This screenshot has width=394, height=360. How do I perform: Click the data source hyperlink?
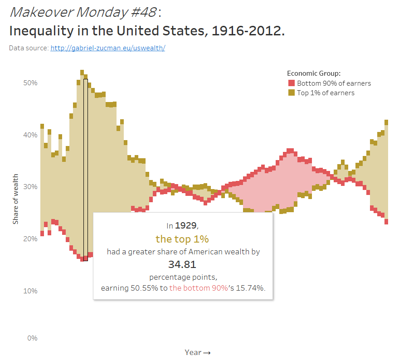pyautogui.click(x=107, y=48)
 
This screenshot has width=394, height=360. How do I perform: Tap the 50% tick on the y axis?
pyautogui.click(x=30, y=83)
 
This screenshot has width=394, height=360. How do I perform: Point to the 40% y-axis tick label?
pyautogui.click(x=30, y=135)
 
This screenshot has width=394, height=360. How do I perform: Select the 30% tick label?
pyautogui.click(x=30, y=187)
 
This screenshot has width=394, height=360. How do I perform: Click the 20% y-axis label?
pyautogui.click(x=30, y=238)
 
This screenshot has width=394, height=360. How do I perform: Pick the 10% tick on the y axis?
pyautogui.click(x=30, y=291)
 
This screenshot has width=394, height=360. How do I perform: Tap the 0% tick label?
pyautogui.click(x=32, y=338)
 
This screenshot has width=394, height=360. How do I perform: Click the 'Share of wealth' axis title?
pyautogui.click(x=15, y=199)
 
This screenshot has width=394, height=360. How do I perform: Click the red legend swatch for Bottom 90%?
pyautogui.click(x=292, y=83)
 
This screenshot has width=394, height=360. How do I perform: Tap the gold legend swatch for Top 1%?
pyautogui.click(x=292, y=92)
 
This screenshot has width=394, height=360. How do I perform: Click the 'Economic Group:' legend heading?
pyautogui.click(x=314, y=73)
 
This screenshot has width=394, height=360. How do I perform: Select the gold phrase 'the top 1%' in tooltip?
pyautogui.click(x=182, y=239)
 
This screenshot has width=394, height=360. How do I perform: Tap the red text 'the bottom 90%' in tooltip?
pyautogui.click(x=199, y=288)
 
